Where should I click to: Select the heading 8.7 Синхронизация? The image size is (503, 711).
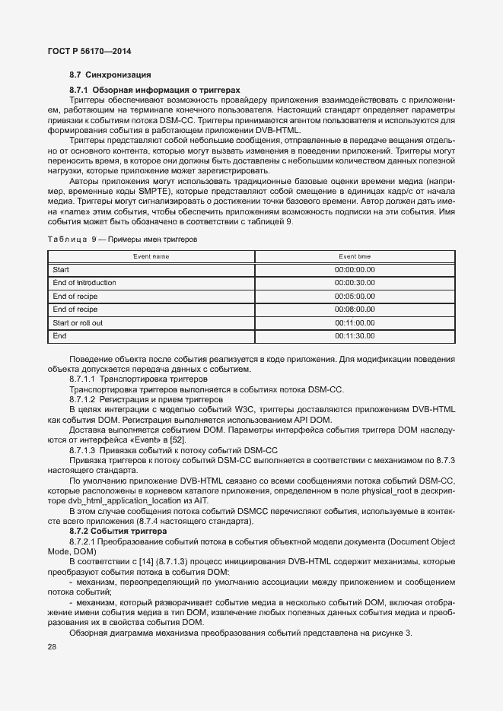tap(110, 75)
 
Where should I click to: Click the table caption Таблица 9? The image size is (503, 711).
tap(74, 239)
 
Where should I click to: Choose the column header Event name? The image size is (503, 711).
tap(151, 257)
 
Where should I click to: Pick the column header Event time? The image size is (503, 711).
tap(355, 257)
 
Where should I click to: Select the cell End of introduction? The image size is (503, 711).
tap(84, 283)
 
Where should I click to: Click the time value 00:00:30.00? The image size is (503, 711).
tap(355, 283)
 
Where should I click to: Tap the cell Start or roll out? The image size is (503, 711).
tap(78, 323)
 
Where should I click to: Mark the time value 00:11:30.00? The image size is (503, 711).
tap(355, 336)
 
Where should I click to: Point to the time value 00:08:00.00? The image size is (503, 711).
tap(355, 309)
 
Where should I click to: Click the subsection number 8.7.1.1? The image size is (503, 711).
tap(84, 379)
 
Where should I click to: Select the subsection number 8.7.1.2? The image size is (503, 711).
tap(84, 399)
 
